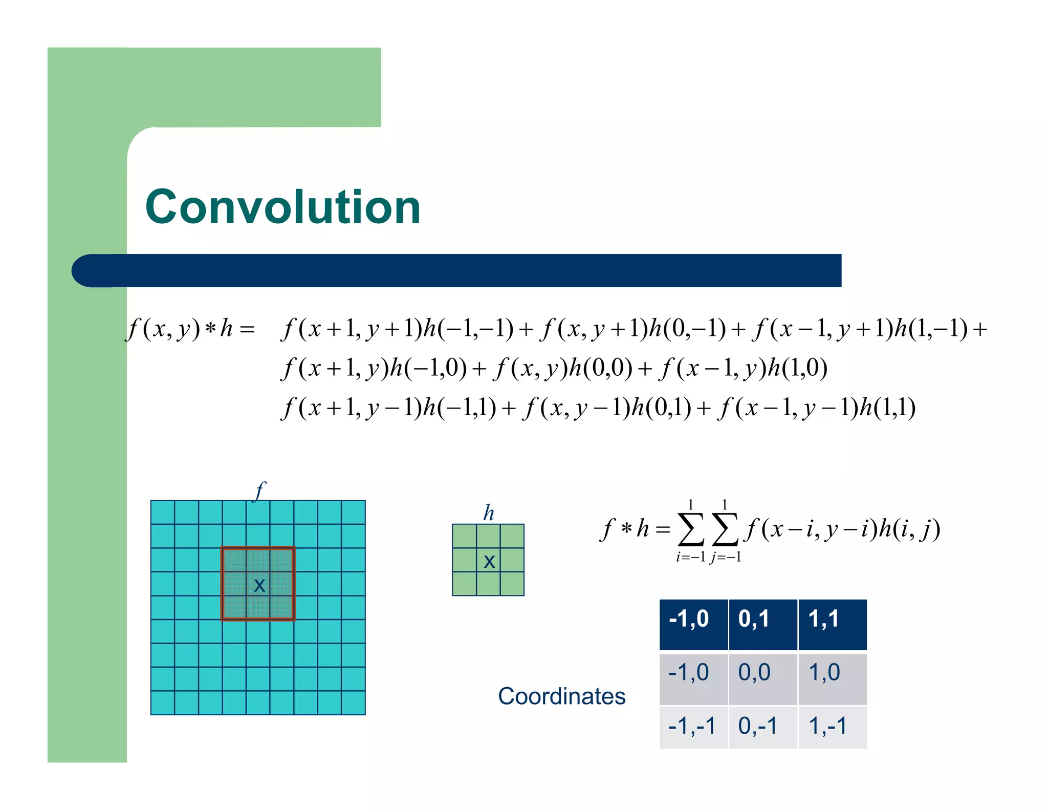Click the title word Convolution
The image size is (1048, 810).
point(283,207)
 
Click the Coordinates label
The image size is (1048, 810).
point(561,696)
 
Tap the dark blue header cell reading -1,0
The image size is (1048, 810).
point(693,624)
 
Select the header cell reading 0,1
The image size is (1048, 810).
point(762,624)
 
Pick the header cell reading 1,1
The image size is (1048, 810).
point(832,624)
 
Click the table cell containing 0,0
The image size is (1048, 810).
point(762,678)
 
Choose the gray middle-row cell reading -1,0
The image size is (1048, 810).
point(693,678)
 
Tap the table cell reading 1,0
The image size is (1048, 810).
point(832,678)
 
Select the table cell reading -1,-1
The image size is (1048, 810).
point(693,727)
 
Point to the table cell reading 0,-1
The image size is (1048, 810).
point(762,727)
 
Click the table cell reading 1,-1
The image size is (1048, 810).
point(832,727)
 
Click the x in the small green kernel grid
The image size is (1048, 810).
point(489,562)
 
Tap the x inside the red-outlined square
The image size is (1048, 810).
point(259,585)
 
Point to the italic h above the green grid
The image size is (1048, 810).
point(489,513)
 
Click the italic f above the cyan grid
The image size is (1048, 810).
point(260,491)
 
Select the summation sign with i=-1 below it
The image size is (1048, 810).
point(690,529)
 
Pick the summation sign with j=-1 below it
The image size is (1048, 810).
point(725,529)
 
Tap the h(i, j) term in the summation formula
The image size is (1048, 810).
point(909,529)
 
